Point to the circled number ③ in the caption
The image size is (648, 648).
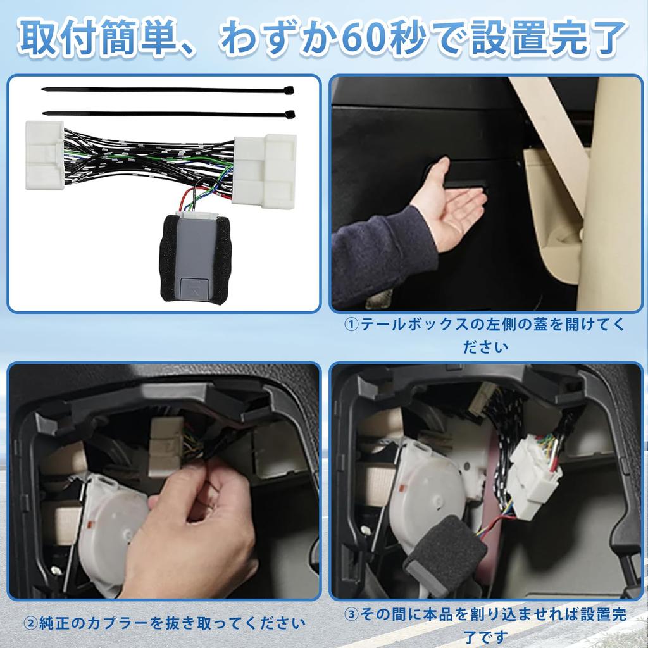(352, 614)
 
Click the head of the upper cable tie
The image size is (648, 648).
(289, 90)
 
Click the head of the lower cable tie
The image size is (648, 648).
(290, 115)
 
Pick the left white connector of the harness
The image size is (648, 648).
(45, 155)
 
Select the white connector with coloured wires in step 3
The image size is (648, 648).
(535, 471)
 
